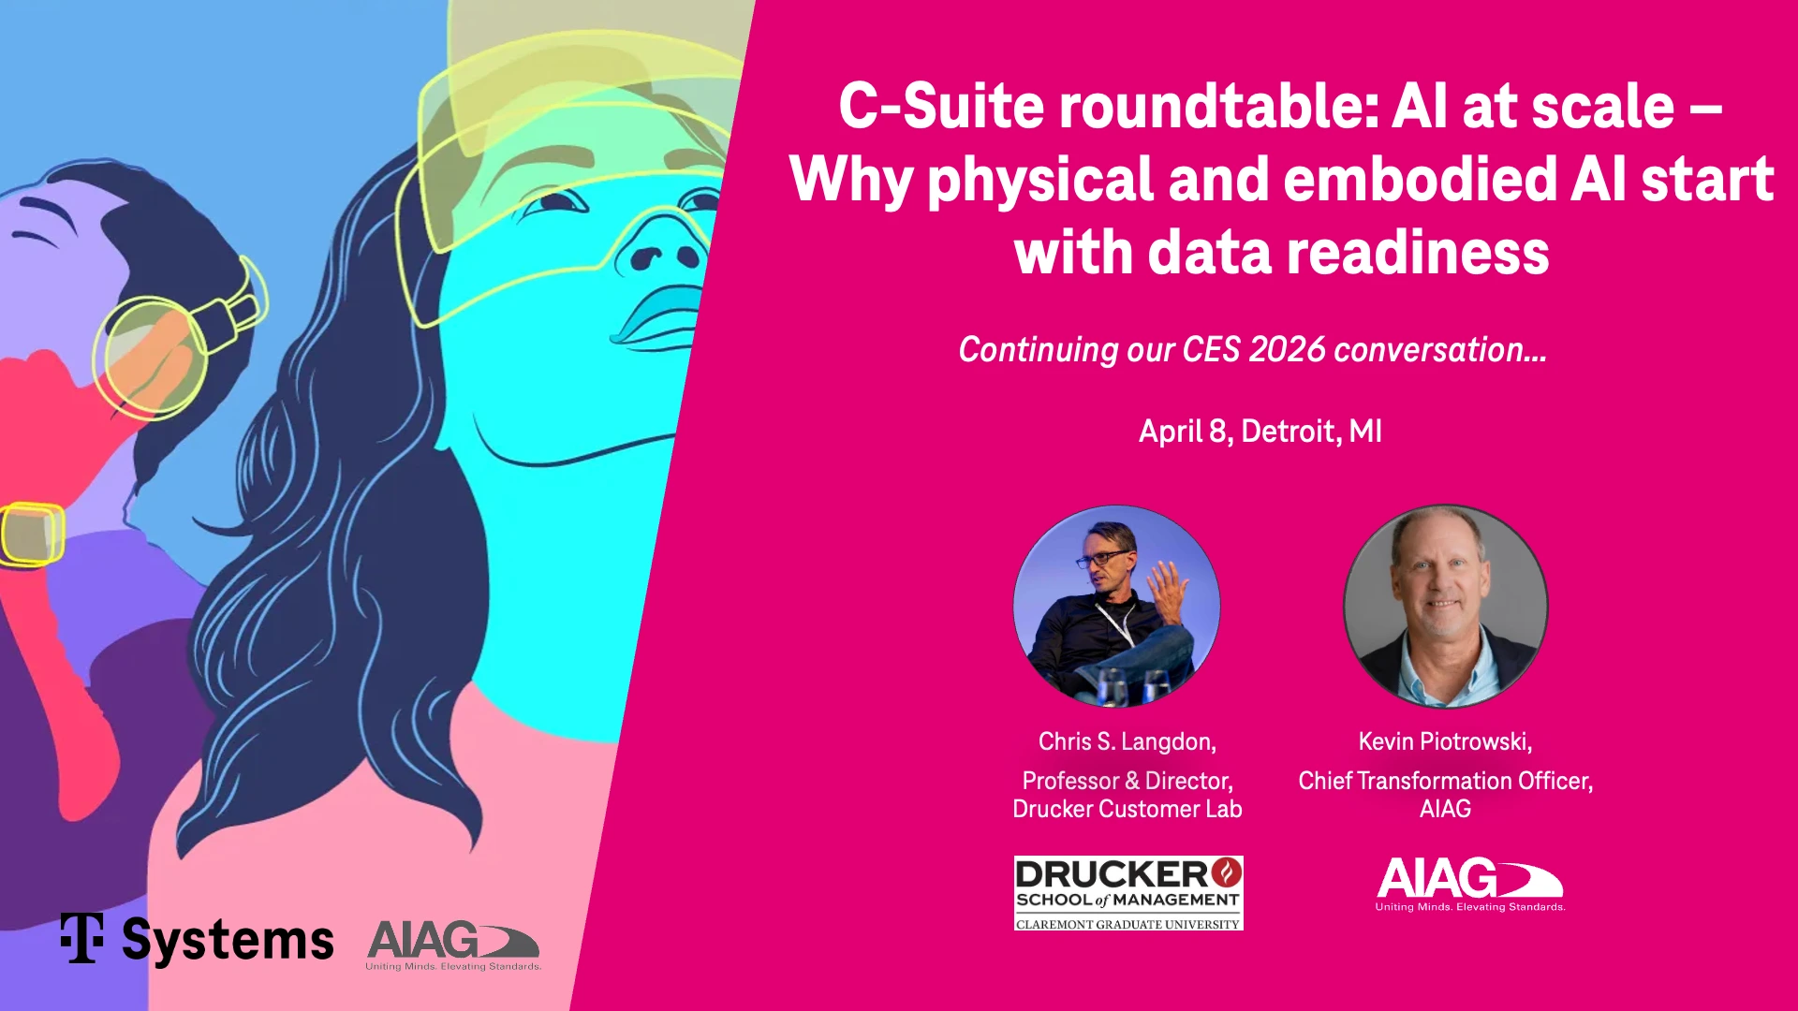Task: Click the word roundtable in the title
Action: (x=1218, y=106)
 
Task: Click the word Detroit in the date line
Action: (x=1290, y=431)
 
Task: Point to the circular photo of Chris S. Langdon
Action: (x=1116, y=607)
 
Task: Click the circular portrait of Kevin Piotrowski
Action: (x=1446, y=607)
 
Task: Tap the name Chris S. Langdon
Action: (x=1127, y=741)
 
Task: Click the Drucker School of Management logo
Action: (x=1128, y=893)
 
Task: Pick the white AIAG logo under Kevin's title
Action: (x=1470, y=884)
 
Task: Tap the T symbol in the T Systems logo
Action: (x=82, y=938)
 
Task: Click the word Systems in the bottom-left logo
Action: (x=228, y=942)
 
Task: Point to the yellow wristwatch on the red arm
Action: (x=32, y=535)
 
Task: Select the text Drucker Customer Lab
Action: (x=1127, y=809)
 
